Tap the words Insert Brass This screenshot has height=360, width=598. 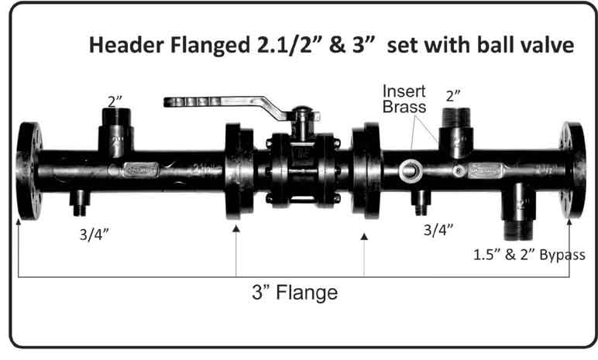pyautogui.click(x=404, y=99)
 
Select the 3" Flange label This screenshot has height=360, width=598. pyautogui.click(x=295, y=293)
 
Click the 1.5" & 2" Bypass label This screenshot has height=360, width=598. pyautogui.click(x=529, y=255)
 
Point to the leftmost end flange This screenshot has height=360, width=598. pyautogui.click(x=29, y=171)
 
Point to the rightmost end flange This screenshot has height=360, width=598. pyautogui.click(x=572, y=170)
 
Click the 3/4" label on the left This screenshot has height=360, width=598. pyautogui.click(x=95, y=234)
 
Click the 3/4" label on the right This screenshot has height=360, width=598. pyautogui.click(x=438, y=230)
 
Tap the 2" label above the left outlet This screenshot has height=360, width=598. pyautogui.click(x=115, y=101)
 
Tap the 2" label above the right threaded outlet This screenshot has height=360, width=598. pyautogui.click(x=453, y=96)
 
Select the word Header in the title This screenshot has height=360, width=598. pyautogui.click(x=127, y=45)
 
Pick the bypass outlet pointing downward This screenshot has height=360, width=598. pyautogui.click(x=518, y=211)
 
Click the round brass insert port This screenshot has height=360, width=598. pyautogui.click(x=411, y=170)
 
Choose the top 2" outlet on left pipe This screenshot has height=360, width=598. pyautogui.click(x=116, y=132)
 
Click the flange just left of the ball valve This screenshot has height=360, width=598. pyautogui.click(x=239, y=171)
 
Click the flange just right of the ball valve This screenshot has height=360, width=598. pyautogui.click(x=366, y=170)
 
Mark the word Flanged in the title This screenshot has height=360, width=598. pyautogui.click(x=210, y=46)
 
